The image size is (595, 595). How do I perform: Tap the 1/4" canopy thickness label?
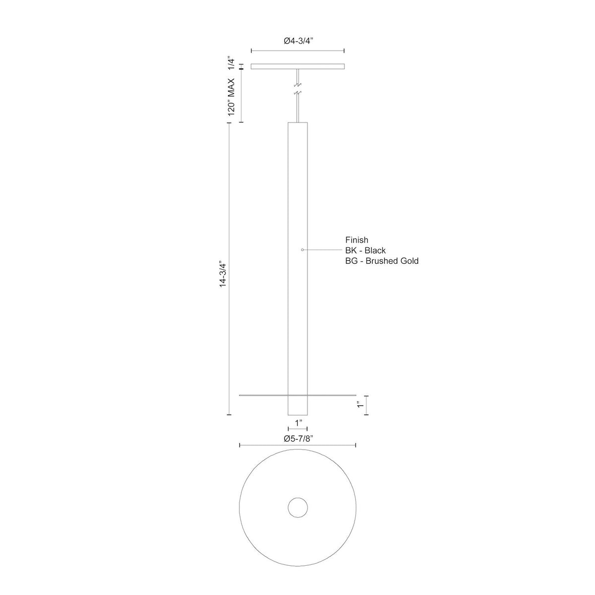pos(231,64)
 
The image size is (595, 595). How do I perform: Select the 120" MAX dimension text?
pos(231,97)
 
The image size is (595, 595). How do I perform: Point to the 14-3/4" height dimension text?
pos(223,275)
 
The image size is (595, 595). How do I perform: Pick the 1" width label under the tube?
pos(298,423)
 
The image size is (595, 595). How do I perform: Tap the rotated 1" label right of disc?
pos(360,405)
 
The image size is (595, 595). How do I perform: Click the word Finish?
pos(357,240)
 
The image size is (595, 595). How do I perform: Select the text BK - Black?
pos(365,250)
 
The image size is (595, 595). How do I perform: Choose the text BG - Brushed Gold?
pos(382,261)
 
